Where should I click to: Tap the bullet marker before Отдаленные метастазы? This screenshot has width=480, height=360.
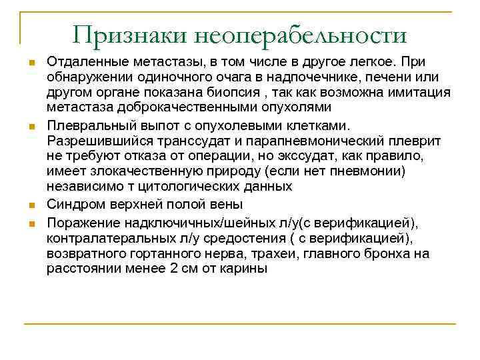[x=31, y=62]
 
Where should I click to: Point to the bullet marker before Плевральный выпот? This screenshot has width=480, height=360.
[x=31, y=125]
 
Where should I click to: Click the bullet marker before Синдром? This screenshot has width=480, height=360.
[x=31, y=205]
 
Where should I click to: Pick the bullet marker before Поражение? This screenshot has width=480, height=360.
[x=31, y=222]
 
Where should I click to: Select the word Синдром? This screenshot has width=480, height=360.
[x=77, y=204]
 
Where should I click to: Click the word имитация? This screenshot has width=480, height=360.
[x=421, y=92]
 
